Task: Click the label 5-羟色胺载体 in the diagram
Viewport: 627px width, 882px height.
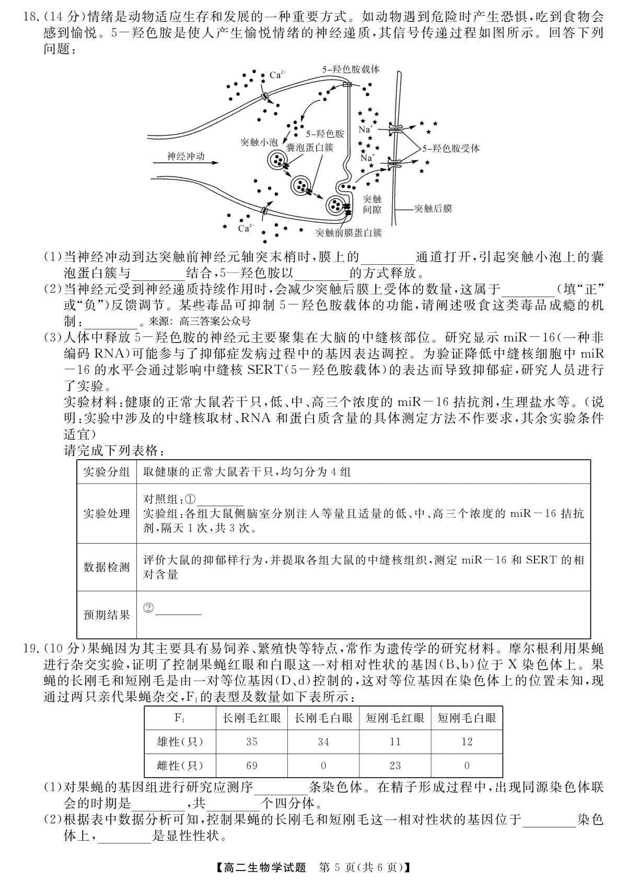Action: pos(351,69)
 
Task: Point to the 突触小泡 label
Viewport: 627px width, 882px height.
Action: pos(259,142)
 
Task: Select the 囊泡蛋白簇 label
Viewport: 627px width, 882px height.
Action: pos(309,148)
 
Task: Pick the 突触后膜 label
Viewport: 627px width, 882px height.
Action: pos(433,208)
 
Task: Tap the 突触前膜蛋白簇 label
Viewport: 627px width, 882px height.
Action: pos(349,232)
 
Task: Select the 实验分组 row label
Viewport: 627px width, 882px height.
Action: pos(107,472)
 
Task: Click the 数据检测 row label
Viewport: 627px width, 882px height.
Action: pos(107,567)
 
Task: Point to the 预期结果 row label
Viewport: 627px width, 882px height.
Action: pos(107,615)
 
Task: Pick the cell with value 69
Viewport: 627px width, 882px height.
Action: pos(251,766)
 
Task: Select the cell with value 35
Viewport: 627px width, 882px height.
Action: pos(251,742)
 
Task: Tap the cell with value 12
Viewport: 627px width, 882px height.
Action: pos(467,742)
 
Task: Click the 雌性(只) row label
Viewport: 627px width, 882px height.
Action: pos(180,766)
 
